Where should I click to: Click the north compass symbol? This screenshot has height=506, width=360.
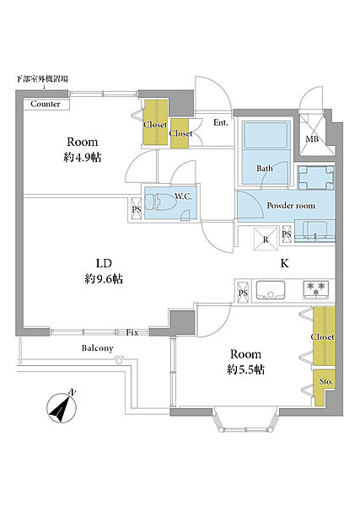tap(62, 407)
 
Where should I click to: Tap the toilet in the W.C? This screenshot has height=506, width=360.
tap(160, 202)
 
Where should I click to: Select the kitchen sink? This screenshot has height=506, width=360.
tap(271, 290)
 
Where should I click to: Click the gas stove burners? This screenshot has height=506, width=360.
tap(316, 289)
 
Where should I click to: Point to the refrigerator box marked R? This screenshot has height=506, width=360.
tap(266, 239)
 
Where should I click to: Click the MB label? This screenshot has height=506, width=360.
tap(312, 139)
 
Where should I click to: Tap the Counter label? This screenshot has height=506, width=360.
tap(46, 104)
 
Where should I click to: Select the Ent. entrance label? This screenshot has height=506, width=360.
tap(221, 122)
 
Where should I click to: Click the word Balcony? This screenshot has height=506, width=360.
tap(98, 348)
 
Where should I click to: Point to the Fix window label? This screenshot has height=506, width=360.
tap(132, 332)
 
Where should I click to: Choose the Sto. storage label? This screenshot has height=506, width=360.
tap(325, 382)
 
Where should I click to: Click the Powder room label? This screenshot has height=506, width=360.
tap(291, 206)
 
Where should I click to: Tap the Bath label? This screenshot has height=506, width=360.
tap(265, 168)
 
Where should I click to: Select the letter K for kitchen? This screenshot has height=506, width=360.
tap(284, 263)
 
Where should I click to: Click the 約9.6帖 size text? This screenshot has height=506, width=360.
tap(104, 279)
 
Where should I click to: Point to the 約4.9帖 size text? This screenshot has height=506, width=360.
tap(83, 158)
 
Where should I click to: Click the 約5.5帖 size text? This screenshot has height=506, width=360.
tap(245, 369)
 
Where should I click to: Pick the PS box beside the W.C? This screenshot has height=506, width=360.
tap(137, 209)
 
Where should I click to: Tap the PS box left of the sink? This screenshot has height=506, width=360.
tap(243, 293)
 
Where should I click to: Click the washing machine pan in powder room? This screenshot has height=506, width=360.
tap(316, 178)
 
